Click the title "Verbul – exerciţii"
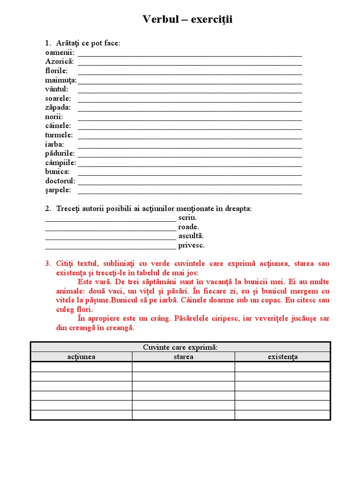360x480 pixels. point(187,20)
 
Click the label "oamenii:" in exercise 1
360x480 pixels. point(60,52)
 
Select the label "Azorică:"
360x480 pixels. point(60,61)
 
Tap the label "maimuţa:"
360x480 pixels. point(61,80)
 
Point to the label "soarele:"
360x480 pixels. point(58,98)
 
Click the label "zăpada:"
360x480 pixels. point(58,107)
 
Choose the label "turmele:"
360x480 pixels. point(59,135)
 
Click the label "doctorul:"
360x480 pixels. point(60,181)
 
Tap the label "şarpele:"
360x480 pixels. point(58,190)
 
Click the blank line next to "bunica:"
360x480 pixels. point(189,172)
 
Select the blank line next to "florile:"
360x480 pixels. point(189,71)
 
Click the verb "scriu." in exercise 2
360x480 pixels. point(187,217)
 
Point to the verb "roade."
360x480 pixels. point(188,227)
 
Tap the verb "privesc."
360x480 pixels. point(191,245)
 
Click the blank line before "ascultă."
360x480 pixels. point(111,236)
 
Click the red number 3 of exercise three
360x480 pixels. point(47,263)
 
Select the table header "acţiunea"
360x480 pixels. point(81,357)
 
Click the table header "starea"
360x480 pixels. point(183,357)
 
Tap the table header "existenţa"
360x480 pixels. point(283,357)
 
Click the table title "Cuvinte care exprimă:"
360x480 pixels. point(180,347)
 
